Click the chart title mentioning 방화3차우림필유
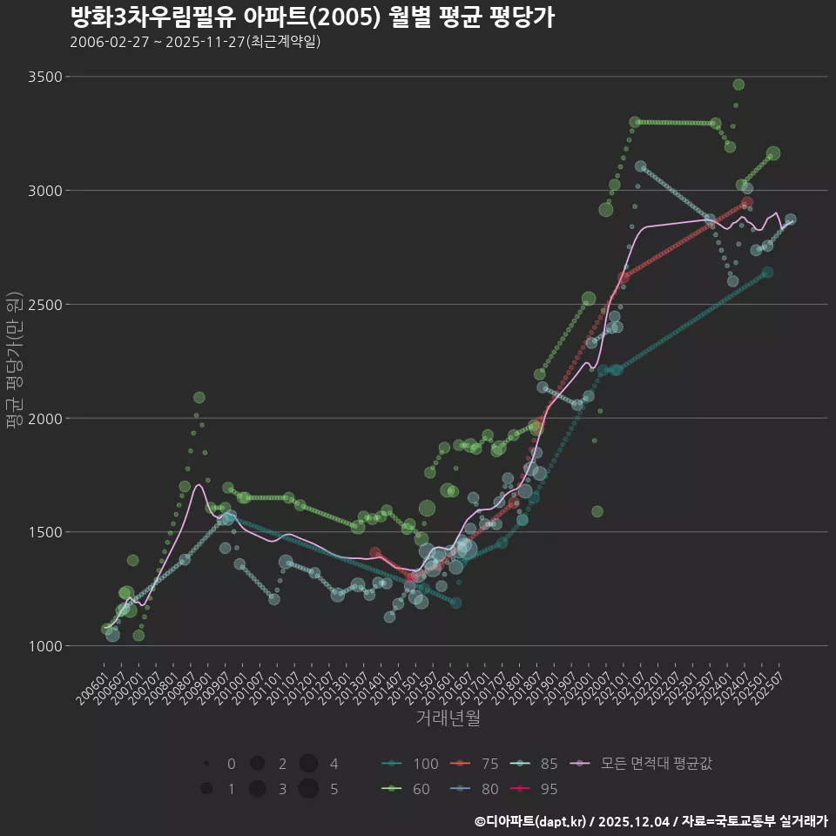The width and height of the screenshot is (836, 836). coord(312,17)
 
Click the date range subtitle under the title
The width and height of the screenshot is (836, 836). coord(195,42)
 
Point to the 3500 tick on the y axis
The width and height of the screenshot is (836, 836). coord(45,77)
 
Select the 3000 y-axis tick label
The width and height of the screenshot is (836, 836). coord(45,191)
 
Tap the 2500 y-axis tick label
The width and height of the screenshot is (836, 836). coord(45,305)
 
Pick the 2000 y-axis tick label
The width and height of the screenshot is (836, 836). coord(45,418)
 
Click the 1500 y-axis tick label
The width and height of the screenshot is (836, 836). coord(45,532)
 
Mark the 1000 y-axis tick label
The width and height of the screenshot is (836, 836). coord(45,646)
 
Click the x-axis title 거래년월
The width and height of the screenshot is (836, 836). coord(448,718)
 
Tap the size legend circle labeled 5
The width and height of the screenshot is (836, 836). coord(307,789)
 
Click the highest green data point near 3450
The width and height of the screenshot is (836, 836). coord(738,84)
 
